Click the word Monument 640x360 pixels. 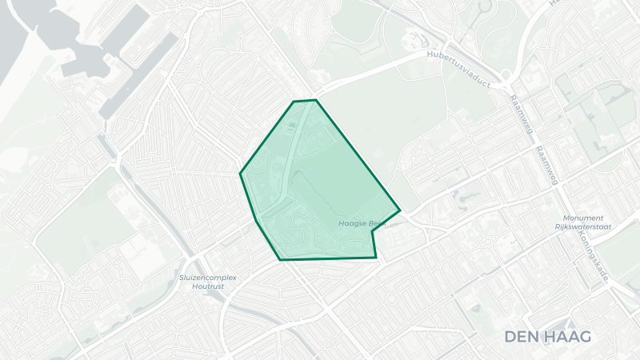[x=583, y=218]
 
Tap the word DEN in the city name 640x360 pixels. [x=522, y=336]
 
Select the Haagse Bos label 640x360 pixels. [x=362, y=223]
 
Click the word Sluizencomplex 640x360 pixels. [x=210, y=277]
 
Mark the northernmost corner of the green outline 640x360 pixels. [x=315, y=100]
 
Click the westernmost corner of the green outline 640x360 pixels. [x=241, y=173]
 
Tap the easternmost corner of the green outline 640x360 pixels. [x=399, y=212]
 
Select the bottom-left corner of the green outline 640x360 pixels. [x=280, y=259]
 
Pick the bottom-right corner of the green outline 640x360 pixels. [x=375, y=258]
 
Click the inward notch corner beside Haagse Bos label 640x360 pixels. [x=372, y=230]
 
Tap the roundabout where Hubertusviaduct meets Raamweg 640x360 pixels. [x=506, y=78]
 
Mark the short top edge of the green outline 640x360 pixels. [x=305, y=101]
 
